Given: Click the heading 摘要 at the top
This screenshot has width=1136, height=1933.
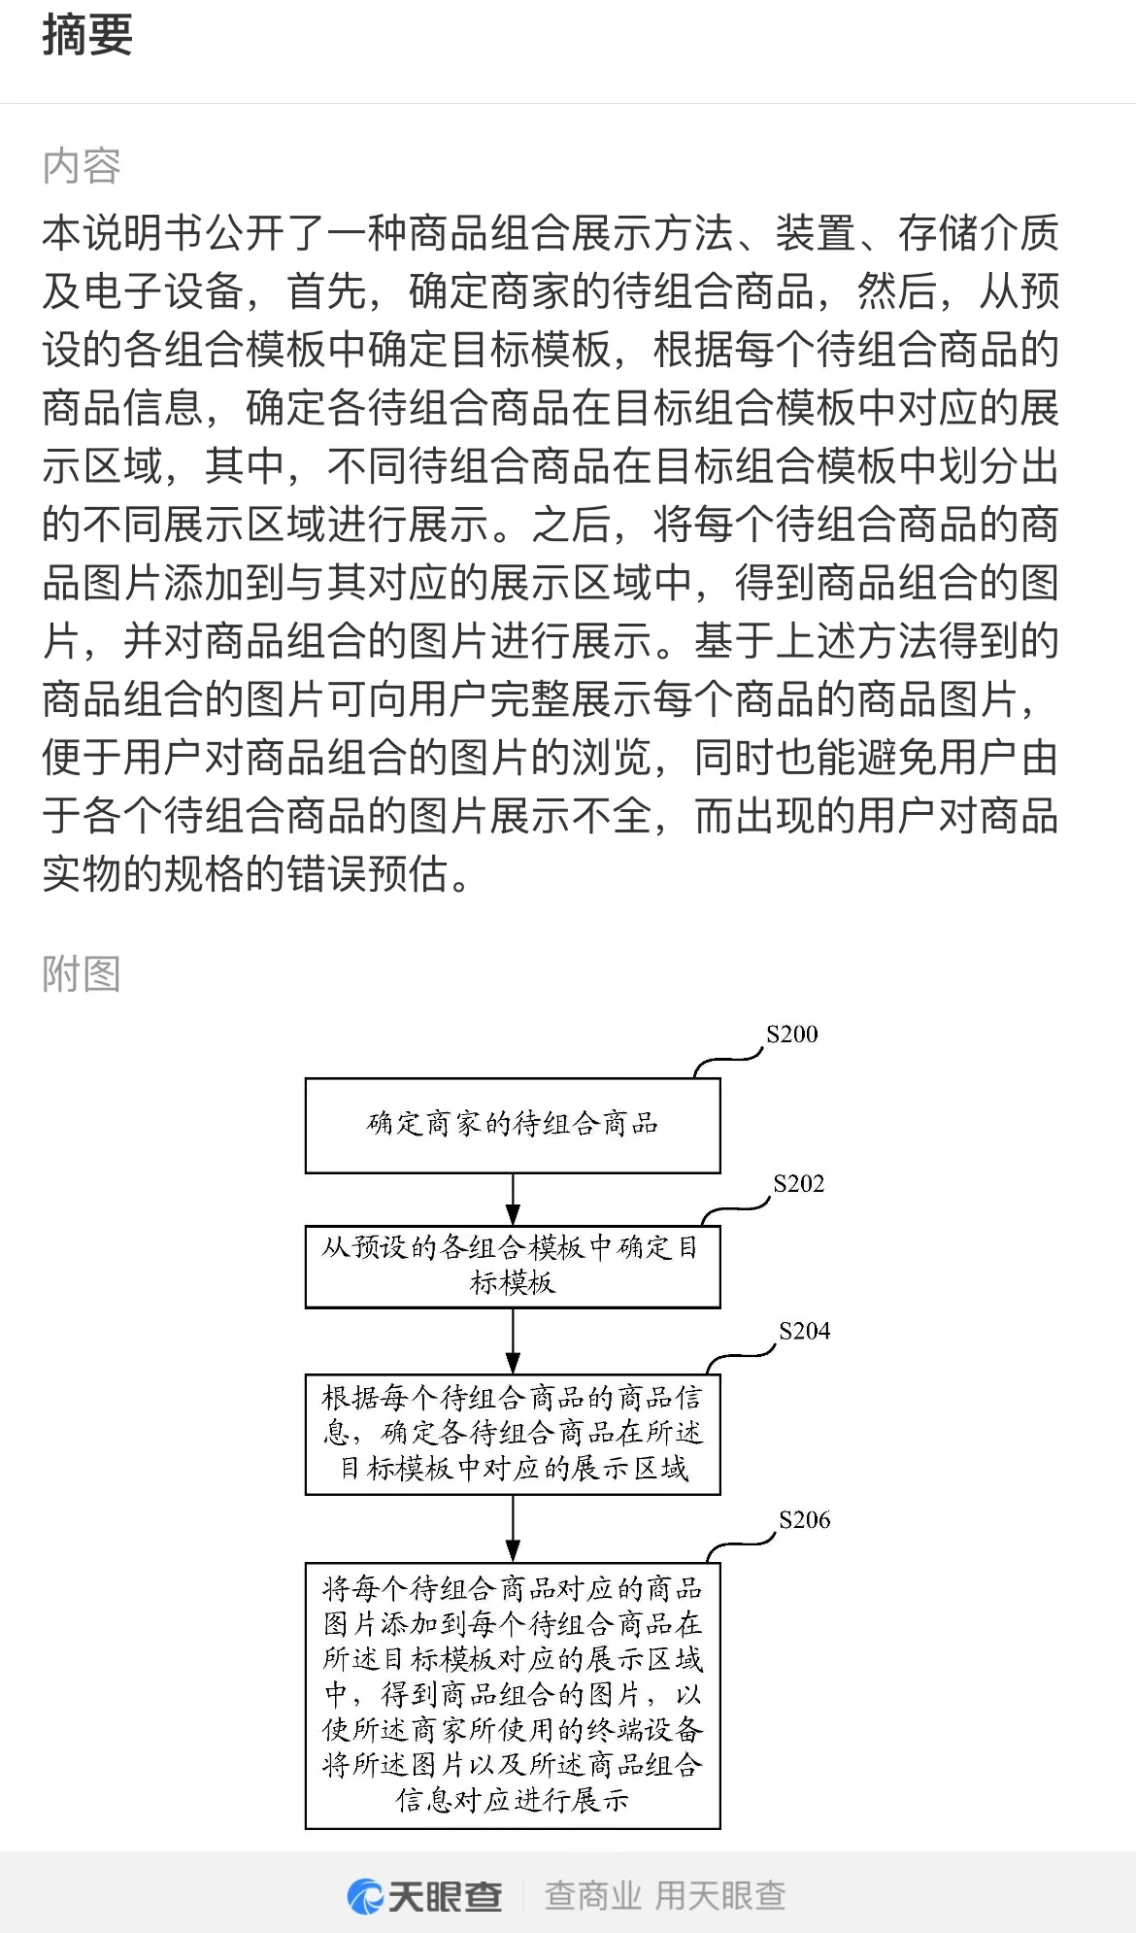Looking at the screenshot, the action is [x=87, y=34].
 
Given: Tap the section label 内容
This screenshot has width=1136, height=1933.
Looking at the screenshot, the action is [x=82, y=166].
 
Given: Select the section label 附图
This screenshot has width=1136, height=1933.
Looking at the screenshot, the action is [x=82, y=973].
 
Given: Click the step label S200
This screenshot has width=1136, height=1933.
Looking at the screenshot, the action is [x=792, y=1034].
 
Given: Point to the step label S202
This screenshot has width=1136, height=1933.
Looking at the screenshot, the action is [x=798, y=1183].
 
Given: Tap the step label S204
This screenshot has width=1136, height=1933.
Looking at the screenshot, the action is [x=805, y=1331].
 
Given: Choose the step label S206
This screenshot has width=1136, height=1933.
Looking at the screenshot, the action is [x=805, y=1519].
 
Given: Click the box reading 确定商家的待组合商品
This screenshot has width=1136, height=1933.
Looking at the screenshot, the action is [x=513, y=1125].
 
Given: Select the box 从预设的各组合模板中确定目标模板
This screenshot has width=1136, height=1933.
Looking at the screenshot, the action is [x=513, y=1266].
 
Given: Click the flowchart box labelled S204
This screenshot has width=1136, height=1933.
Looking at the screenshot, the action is [x=513, y=1434].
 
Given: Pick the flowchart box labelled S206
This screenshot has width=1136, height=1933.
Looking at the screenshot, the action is [x=513, y=1695].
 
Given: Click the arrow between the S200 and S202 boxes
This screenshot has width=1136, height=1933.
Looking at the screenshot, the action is [x=513, y=1200].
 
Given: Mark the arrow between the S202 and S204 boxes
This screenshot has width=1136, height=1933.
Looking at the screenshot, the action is [x=513, y=1341].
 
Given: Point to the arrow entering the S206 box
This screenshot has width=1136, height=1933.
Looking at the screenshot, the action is [x=513, y=1529].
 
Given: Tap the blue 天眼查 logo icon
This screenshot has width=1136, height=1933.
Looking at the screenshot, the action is [x=365, y=1895].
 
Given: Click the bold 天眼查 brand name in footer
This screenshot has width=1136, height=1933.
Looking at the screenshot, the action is [x=446, y=1895].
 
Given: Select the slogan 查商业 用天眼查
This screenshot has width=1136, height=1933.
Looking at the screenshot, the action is [x=665, y=1895].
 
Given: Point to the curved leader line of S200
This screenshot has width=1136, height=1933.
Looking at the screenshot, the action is [x=728, y=1060].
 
